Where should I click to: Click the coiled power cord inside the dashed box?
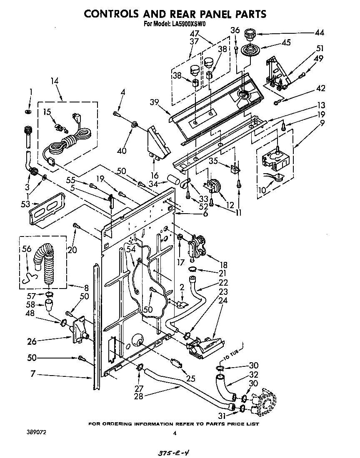67,142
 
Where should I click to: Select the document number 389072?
36,433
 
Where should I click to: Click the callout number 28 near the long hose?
138,396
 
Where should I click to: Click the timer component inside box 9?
271,158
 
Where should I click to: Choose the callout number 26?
32,341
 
